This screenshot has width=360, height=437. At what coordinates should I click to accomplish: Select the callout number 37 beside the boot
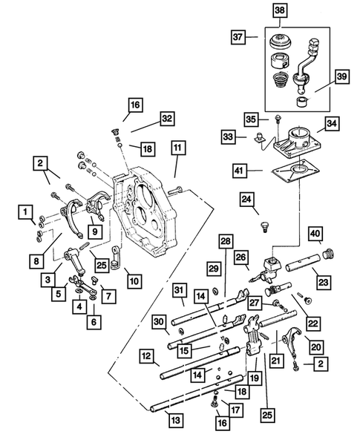point(238,36)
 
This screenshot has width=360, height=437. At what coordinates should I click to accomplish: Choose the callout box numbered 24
point(246,198)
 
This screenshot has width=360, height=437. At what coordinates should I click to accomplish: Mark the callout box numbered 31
point(180,289)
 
